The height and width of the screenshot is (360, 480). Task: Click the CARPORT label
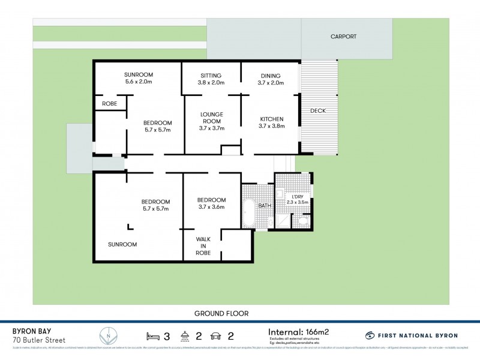click(344, 37)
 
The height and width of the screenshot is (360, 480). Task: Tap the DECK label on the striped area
click(318, 111)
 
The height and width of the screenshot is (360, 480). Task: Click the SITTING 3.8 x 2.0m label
click(211, 79)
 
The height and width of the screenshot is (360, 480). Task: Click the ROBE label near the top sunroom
click(110, 104)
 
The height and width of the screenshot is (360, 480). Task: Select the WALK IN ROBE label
click(202, 245)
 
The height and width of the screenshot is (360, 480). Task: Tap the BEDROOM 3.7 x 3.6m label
click(211, 203)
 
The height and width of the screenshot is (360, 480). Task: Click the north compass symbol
click(107, 335)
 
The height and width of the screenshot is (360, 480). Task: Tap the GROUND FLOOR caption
click(221, 313)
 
